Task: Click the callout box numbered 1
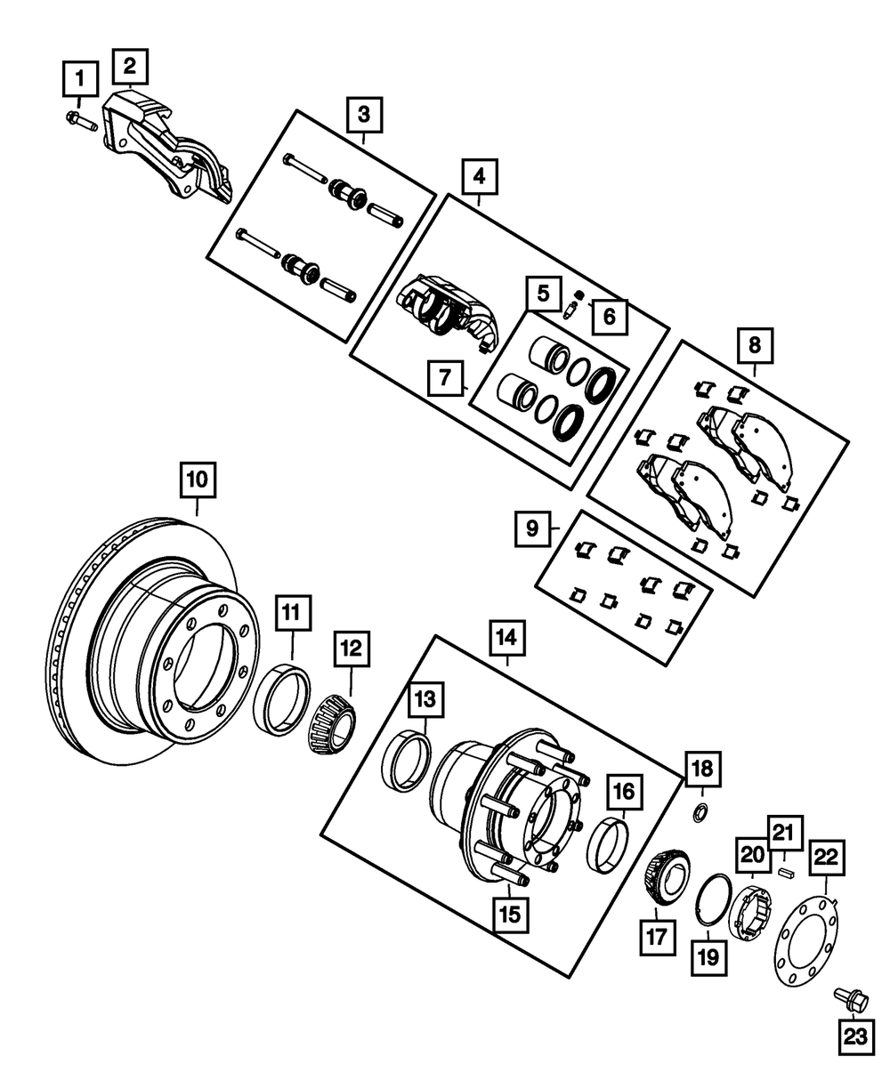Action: click(x=79, y=80)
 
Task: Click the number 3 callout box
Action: click(x=364, y=115)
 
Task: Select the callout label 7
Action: click(x=445, y=378)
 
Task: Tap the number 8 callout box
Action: click(x=754, y=343)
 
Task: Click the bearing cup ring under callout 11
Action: click(x=282, y=702)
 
